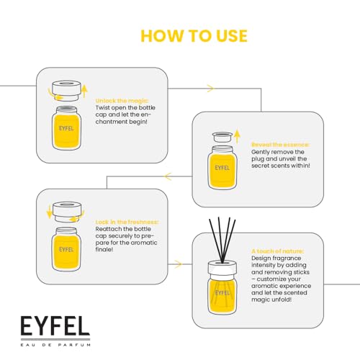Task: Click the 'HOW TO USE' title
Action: click(x=194, y=36)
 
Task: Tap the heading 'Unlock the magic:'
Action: click(x=122, y=101)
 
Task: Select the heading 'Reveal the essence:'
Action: click(x=280, y=145)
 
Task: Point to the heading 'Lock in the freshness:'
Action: click(x=127, y=222)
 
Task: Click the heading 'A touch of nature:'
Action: click(x=277, y=251)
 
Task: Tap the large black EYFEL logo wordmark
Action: click(x=55, y=325)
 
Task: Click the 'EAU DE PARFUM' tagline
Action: click(x=55, y=345)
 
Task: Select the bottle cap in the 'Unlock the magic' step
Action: click(x=66, y=91)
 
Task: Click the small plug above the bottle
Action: click(x=222, y=138)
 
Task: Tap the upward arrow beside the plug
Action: click(x=237, y=136)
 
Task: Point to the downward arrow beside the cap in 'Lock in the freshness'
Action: click(x=49, y=212)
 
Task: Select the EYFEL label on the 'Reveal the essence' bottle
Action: click(x=222, y=168)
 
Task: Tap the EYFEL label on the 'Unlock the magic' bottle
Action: click(x=66, y=128)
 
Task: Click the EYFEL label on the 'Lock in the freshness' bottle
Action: click(x=66, y=250)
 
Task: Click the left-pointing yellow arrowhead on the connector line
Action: click(x=168, y=176)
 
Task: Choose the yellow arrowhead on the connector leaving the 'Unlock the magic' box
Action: click(x=210, y=89)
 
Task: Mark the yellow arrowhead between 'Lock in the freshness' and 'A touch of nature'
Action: click(x=178, y=264)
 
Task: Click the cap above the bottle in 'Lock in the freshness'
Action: click(x=66, y=212)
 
